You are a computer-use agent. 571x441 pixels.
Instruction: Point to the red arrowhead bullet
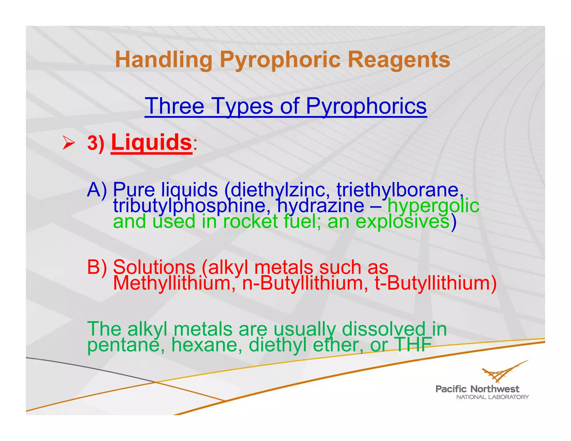pos(68,142)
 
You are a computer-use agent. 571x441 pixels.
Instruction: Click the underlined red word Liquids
pos(151,142)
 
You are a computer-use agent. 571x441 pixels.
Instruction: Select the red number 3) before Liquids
pos(96,143)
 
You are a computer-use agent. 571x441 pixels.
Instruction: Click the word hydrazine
pos(321,205)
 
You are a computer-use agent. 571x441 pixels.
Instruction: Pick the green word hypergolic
pos(433,205)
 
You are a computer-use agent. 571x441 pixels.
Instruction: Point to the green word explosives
pos(403,221)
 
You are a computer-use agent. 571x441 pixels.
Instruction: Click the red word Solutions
pos(154,267)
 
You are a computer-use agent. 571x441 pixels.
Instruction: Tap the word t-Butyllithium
pos(435,283)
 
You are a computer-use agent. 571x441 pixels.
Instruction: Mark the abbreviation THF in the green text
pos(414,345)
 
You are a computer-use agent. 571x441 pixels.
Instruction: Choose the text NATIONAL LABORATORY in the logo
pos(492,397)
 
